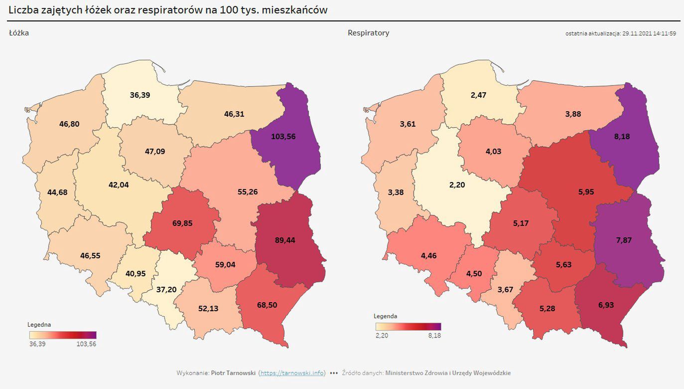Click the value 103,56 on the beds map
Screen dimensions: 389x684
pos(283,136)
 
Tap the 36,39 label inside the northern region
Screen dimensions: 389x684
pos(140,95)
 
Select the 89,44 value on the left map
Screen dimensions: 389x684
pos(285,240)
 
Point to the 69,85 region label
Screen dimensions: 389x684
pos(182,223)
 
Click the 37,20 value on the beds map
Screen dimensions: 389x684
pos(166,289)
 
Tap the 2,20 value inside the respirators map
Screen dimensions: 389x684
pos(457,185)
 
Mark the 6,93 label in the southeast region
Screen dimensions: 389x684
pos(606,305)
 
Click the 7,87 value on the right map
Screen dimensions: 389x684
pos(624,240)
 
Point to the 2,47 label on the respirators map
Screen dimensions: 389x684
pos(478,95)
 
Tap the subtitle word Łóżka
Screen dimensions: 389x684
pos(19,33)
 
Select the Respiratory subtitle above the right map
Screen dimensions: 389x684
pos(368,33)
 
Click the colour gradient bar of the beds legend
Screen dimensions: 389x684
pos(63,335)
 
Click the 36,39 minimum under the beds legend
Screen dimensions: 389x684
pos(37,344)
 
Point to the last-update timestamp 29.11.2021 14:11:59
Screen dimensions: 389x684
pos(649,33)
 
